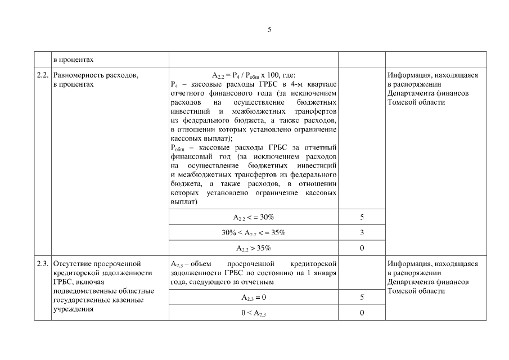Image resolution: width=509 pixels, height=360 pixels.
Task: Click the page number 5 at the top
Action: tap(269, 30)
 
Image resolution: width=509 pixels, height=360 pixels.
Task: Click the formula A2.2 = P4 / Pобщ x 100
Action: tap(253, 75)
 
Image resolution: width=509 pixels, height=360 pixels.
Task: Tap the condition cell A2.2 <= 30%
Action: tap(253, 217)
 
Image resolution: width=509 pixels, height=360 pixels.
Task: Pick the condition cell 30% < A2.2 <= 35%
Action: tap(253, 232)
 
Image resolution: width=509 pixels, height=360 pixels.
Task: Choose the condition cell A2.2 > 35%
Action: tap(253, 248)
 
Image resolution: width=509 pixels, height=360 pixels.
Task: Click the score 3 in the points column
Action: tap(362, 232)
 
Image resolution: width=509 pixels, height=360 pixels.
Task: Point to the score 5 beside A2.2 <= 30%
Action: tap(362, 217)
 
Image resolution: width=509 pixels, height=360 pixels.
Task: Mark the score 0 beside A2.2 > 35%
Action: tap(362, 248)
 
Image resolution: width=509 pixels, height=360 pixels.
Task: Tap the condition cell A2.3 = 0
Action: tap(253, 298)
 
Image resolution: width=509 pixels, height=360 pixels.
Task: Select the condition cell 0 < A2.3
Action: tap(253, 313)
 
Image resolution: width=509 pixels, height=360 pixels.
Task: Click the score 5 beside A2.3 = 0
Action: tap(362, 298)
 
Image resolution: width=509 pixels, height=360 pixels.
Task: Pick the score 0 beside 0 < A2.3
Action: tap(362, 313)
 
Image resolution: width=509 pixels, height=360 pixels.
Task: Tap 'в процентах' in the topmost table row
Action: tap(73, 59)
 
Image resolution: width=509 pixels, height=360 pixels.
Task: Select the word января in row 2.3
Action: tap(323, 273)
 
